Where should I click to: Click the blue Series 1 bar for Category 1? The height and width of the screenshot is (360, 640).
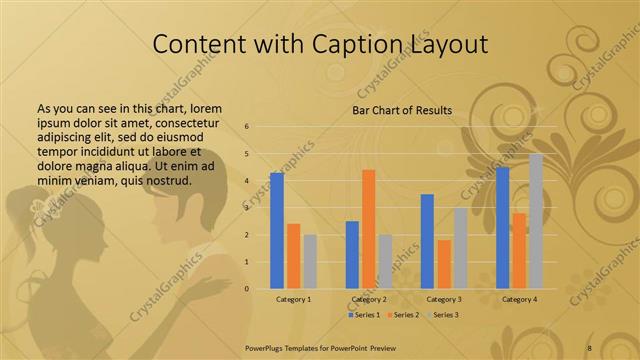277,231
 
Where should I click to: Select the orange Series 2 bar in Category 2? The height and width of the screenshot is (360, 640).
369,229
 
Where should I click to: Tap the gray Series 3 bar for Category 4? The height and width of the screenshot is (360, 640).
537,221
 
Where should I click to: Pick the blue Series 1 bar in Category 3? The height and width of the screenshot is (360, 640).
428,241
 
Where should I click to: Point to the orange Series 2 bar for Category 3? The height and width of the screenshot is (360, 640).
444,264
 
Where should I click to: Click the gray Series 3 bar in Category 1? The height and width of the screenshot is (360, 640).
310,262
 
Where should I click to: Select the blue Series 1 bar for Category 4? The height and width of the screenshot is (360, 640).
503,228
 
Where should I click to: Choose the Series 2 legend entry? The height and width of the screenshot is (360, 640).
404,315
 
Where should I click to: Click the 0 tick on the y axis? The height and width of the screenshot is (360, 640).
247,289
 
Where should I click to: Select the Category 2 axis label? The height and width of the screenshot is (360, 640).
369,299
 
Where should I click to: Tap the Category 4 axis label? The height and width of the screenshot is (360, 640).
520,299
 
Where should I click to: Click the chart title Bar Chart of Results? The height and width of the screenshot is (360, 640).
402,110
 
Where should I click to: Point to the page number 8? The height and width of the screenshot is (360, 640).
589,347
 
